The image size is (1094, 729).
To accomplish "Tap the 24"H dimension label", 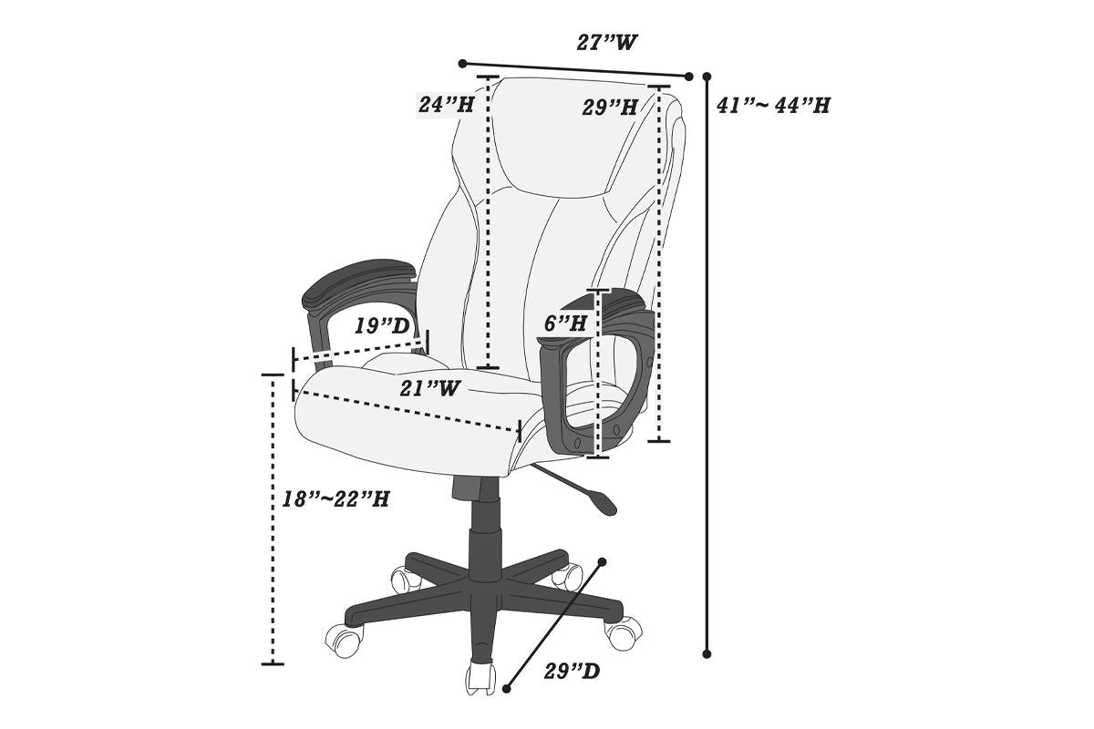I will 446,104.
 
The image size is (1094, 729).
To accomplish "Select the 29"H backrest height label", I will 610,108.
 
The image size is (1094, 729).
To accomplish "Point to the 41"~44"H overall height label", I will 773,105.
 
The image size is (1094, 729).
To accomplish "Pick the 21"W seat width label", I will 429,388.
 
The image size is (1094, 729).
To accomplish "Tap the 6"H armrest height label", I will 565,323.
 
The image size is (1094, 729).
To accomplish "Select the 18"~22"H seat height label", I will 335,499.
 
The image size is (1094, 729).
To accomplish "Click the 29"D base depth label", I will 572,673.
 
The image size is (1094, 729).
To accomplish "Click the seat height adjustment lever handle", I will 603,499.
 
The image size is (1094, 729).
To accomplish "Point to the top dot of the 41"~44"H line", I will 707,77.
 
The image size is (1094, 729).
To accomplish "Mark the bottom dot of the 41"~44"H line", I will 707,653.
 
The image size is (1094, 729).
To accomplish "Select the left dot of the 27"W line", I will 463,64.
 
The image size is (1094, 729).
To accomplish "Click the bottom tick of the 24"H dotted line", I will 488,367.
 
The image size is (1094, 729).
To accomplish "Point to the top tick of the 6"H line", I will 598,291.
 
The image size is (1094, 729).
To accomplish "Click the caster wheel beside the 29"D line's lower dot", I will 480,680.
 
